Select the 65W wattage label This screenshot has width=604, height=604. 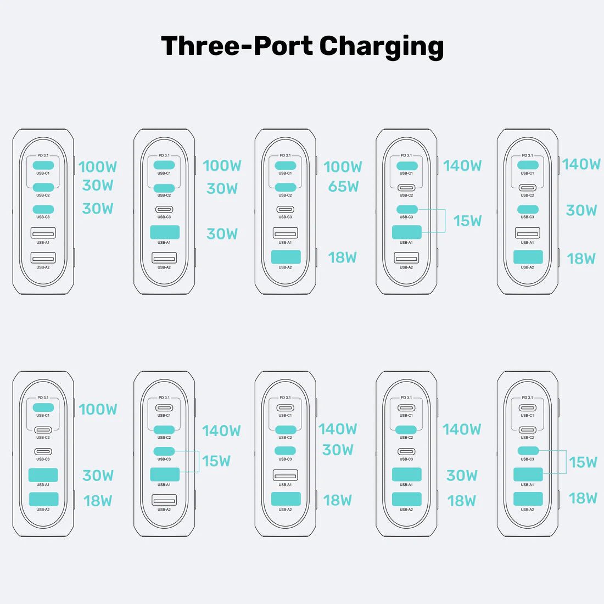click(343, 187)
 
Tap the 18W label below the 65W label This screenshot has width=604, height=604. click(342, 258)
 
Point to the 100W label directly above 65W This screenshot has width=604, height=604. click(343, 166)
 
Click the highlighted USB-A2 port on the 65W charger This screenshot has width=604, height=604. click(286, 256)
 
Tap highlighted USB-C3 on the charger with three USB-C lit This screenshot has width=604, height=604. click(43, 209)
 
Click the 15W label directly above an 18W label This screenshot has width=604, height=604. click(583, 462)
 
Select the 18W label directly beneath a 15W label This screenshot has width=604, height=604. click(583, 498)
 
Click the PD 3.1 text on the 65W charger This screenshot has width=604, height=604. click(285, 155)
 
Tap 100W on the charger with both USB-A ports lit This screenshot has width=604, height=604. click(98, 409)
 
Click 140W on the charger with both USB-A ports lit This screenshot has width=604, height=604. click(461, 429)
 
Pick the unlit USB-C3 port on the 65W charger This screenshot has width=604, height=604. click(286, 209)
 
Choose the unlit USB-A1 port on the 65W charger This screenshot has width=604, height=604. click(286, 233)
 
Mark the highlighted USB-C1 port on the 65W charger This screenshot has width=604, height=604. click(286, 165)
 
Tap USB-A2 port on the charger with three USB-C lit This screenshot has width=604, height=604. click(43, 257)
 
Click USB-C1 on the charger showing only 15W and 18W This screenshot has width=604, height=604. click(528, 408)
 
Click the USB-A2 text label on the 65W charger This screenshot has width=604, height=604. click(286, 267)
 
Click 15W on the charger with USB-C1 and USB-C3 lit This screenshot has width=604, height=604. click(467, 221)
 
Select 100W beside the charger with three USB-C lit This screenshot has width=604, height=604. click(98, 166)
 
